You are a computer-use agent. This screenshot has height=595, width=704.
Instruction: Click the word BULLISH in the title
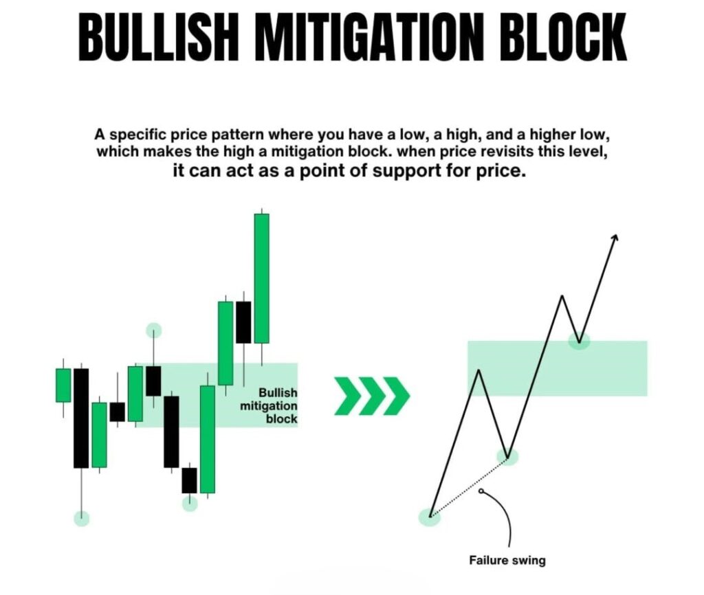click(x=158, y=37)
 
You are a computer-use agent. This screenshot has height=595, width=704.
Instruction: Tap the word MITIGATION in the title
click(x=360, y=37)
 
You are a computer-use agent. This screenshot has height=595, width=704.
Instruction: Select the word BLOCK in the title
click(x=555, y=37)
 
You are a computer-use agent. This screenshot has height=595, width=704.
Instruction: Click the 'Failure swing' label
click(x=507, y=561)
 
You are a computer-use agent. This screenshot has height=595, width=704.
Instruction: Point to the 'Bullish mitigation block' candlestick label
click(x=269, y=405)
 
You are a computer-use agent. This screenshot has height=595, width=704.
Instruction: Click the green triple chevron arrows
click(x=372, y=396)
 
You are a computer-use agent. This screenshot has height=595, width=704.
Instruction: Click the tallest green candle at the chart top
click(x=262, y=278)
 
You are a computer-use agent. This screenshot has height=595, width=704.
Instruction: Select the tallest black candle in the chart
click(x=81, y=418)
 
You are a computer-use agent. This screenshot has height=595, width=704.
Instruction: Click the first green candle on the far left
click(x=63, y=385)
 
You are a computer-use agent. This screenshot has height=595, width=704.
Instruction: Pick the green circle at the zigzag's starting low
click(x=430, y=517)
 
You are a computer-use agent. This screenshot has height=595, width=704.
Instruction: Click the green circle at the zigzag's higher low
click(x=507, y=457)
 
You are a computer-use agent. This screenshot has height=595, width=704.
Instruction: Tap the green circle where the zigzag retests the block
click(x=579, y=341)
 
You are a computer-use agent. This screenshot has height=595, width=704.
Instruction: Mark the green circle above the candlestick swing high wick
click(x=153, y=330)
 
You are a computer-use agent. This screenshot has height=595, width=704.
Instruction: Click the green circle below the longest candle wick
click(x=81, y=518)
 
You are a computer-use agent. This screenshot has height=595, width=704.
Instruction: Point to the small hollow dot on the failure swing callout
click(x=481, y=491)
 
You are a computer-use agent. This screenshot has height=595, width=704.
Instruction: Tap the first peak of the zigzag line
click(x=479, y=370)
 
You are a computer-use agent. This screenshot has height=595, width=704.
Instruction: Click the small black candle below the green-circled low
click(x=189, y=480)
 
